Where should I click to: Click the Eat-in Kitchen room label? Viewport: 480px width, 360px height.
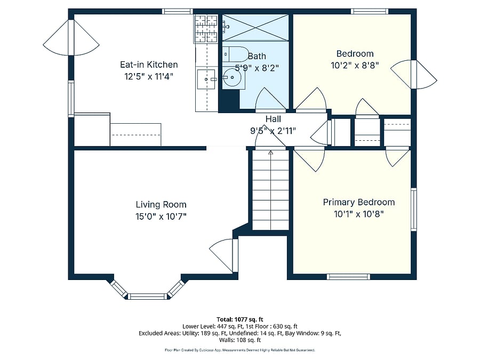pos(149,65)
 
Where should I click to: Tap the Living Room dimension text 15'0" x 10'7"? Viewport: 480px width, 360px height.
pos(161,217)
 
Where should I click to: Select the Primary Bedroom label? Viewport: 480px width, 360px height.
pos(359,202)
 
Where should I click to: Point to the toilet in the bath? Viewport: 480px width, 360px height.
pos(235,54)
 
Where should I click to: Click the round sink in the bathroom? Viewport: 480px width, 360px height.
pos(232,77)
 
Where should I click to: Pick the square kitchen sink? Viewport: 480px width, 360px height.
pos(206,79)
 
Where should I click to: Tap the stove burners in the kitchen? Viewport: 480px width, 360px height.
pos(206,29)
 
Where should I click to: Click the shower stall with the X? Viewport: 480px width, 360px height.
pos(255,28)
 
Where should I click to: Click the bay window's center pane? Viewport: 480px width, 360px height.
pos(148,296)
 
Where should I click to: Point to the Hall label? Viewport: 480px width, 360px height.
pos(273,119)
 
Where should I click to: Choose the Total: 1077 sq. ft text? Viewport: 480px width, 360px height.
pos(240,319)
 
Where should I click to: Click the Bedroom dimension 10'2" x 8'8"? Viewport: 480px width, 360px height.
pos(355,65)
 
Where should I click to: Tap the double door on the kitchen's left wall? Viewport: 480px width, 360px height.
pos(71,37)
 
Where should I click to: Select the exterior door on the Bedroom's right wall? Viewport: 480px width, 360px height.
pos(413,74)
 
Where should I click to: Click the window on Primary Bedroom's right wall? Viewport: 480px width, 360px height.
pos(413,210)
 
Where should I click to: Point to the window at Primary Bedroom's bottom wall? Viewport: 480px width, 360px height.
pos(349,277)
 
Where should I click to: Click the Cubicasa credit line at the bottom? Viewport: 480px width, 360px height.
pos(240,350)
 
